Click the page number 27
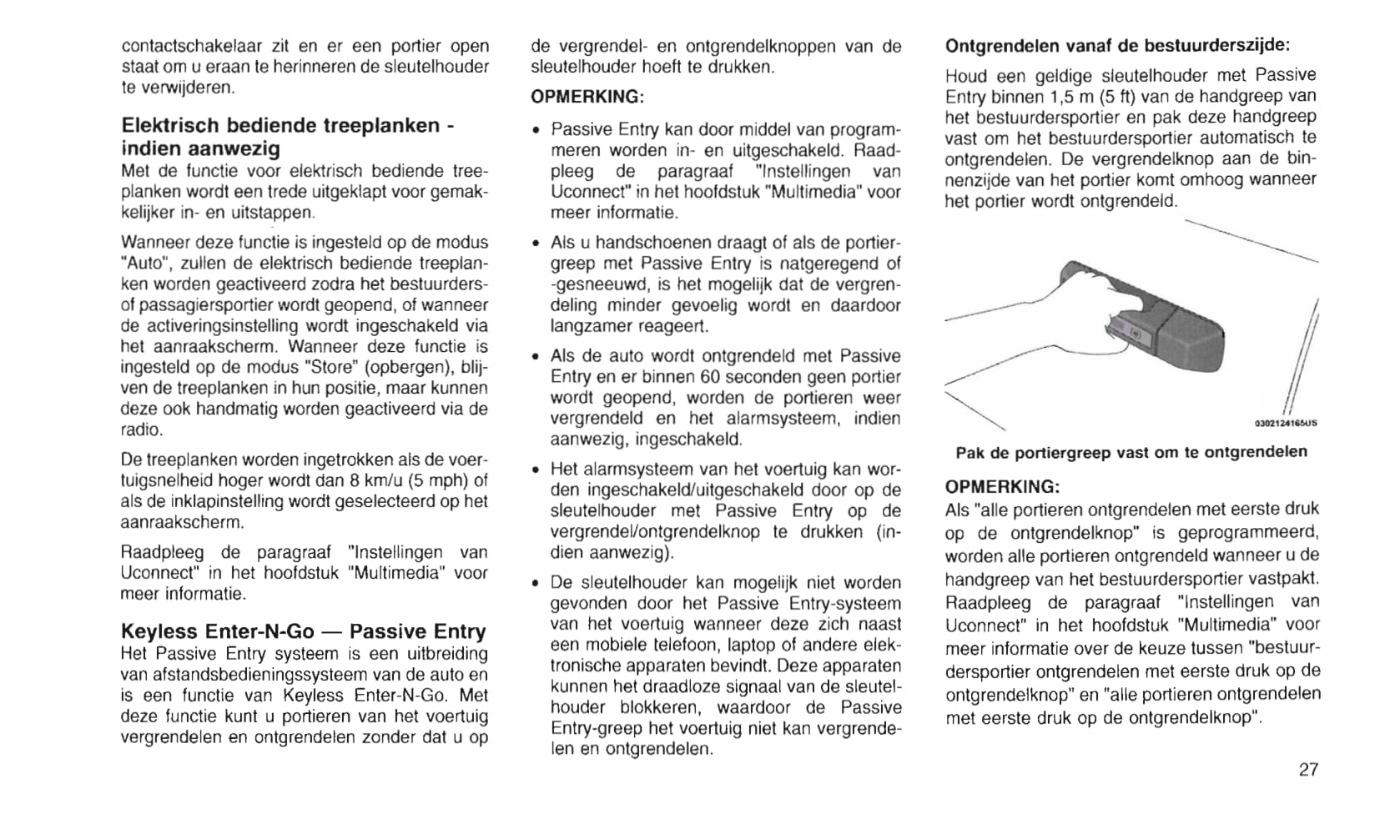tap(1308, 770)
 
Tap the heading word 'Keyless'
tap(159, 631)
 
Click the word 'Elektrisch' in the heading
tap(170, 126)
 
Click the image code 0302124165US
tap(1286, 423)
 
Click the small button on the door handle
tap(1136, 333)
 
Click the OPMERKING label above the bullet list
tap(587, 97)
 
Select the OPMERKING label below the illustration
tap(1002, 486)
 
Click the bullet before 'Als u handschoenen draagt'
tap(536, 244)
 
